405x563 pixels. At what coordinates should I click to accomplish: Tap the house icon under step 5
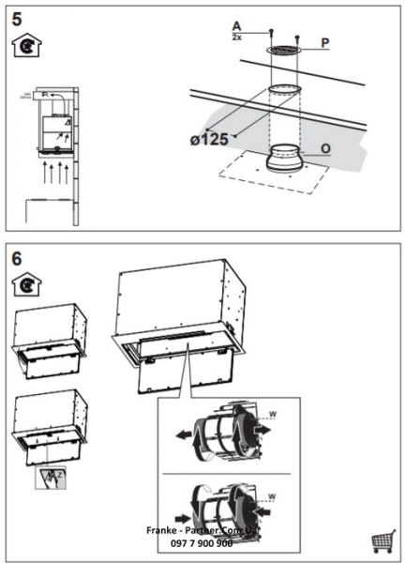click(24, 47)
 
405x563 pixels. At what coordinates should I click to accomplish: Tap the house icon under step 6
click(24, 282)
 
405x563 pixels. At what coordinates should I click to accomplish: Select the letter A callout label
click(236, 26)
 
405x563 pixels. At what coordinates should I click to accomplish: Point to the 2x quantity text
click(236, 37)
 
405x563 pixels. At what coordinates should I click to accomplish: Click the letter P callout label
click(324, 43)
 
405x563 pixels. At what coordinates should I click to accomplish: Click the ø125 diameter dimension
click(208, 140)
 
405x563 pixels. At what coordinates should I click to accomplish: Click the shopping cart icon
click(382, 541)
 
